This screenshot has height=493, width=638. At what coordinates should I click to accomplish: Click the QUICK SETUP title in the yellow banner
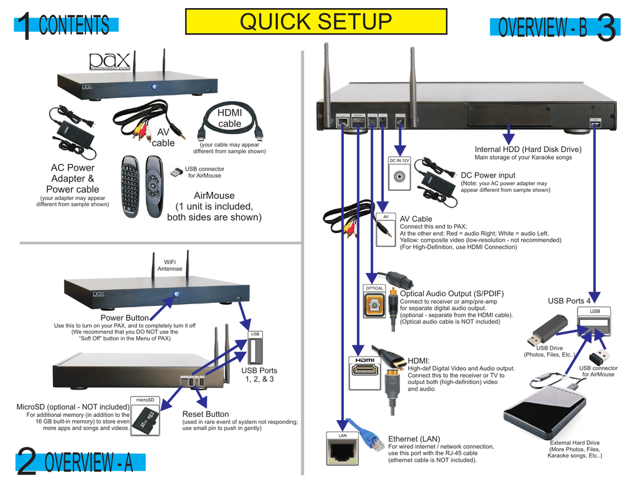coord(316,21)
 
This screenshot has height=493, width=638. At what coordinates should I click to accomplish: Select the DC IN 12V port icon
coord(399,174)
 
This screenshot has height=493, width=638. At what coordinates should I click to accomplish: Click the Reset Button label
coord(205,414)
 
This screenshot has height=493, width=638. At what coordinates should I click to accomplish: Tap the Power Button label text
coord(125,318)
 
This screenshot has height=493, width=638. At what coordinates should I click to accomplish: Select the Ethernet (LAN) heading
coord(414,439)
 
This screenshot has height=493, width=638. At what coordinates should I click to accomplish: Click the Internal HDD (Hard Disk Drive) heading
coord(528,149)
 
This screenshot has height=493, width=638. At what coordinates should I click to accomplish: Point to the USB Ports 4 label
coord(569,301)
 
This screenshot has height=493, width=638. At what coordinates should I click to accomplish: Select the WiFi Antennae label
coord(169,266)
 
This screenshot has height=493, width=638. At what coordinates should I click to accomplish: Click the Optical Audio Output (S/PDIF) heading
coord(451,294)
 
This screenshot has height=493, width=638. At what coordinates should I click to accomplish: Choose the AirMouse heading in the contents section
coord(214,196)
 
